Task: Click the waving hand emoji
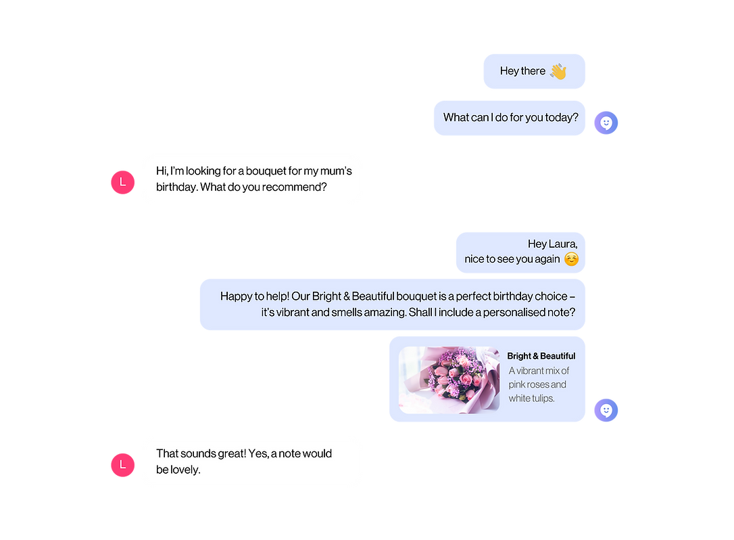tap(558, 71)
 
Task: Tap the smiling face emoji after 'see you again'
tap(571, 259)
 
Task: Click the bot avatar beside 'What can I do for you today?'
tap(606, 123)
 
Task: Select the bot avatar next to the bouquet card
tap(606, 410)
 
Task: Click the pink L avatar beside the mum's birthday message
tap(122, 183)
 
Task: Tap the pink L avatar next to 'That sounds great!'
tap(122, 465)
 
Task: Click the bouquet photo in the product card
tap(449, 380)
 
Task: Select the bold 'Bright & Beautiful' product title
tap(541, 356)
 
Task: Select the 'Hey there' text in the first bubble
tap(522, 71)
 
